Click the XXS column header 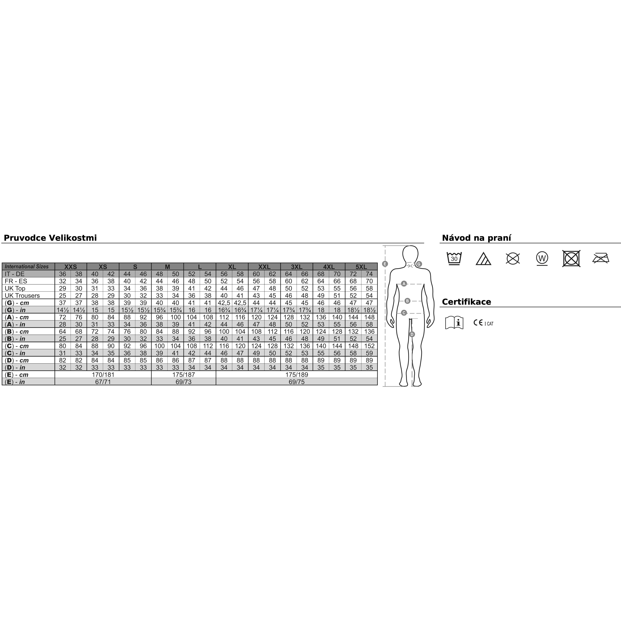click(x=71, y=266)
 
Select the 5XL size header click(x=361, y=266)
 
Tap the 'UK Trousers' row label click(x=22, y=295)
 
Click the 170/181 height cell click(x=103, y=375)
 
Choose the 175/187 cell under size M click(x=184, y=375)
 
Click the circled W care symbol click(x=542, y=258)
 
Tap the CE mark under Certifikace click(x=478, y=323)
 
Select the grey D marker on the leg click(x=412, y=334)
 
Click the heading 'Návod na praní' click(x=476, y=238)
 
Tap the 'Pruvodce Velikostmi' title click(x=50, y=238)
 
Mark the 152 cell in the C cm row click(x=369, y=346)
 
